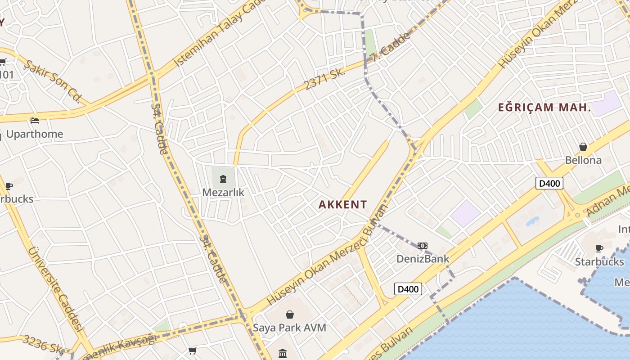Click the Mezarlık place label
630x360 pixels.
223,193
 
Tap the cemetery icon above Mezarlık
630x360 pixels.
223,180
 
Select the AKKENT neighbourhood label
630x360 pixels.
343,205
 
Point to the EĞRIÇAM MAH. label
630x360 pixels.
544,108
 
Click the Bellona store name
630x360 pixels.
583,160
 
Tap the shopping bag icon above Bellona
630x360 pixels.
583,147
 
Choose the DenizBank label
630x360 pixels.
423,259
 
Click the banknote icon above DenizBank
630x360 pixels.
422,246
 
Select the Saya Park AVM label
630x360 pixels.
289,328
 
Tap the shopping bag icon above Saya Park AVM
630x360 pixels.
290,315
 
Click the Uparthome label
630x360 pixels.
35,134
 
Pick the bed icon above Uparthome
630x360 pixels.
35,121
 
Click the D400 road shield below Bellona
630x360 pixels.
549,183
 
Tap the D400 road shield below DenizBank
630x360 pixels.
408,289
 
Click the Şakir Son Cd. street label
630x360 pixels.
53,81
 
